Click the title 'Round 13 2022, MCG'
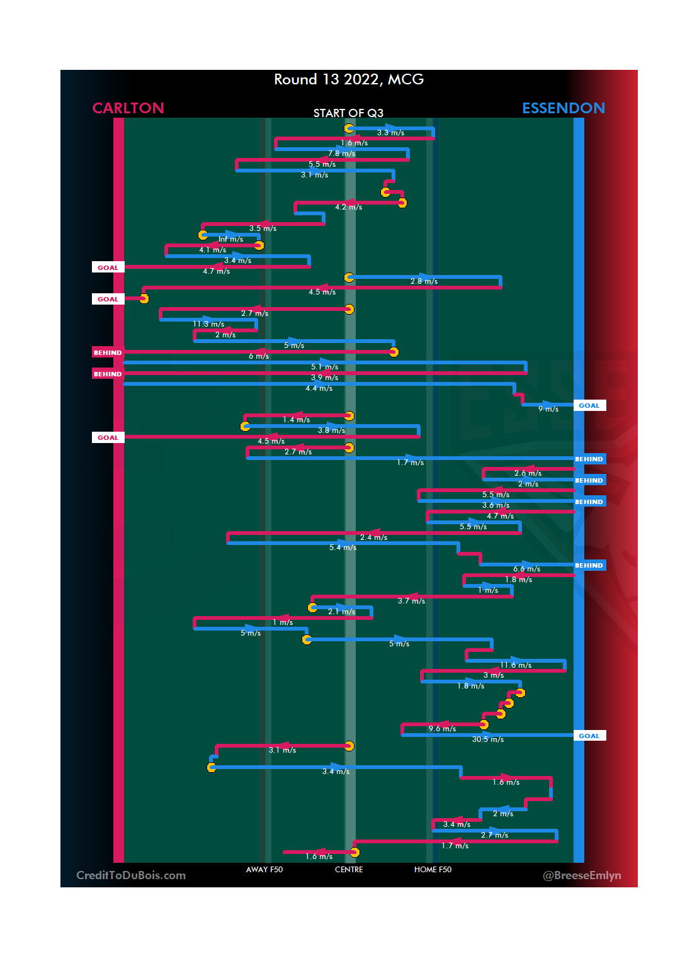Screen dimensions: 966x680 [x=349, y=79]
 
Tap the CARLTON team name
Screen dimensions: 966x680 [x=128, y=108]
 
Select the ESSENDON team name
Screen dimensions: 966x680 [x=563, y=108]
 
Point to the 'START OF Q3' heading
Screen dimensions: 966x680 [x=348, y=113]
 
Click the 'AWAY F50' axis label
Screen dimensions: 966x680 [x=264, y=870]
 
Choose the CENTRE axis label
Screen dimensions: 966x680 [x=349, y=870]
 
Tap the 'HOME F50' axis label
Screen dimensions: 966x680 [x=433, y=870]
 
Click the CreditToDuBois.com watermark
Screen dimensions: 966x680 [x=131, y=875]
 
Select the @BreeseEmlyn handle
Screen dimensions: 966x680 [x=582, y=875]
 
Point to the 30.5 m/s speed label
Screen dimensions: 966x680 [x=488, y=739]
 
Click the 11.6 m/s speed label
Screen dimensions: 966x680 [x=516, y=665]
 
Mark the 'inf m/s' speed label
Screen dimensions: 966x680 [x=230, y=239]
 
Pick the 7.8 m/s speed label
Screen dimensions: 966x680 [x=341, y=154]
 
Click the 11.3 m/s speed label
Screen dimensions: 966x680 [x=208, y=324]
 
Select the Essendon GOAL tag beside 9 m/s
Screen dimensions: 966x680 [x=589, y=406]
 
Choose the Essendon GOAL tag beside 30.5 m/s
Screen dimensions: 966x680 [x=589, y=736]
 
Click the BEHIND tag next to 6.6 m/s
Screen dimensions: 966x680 [x=589, y=565]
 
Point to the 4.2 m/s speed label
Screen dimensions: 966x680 [x=348, y=207]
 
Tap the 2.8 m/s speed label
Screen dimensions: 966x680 [x=424, y=281]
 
